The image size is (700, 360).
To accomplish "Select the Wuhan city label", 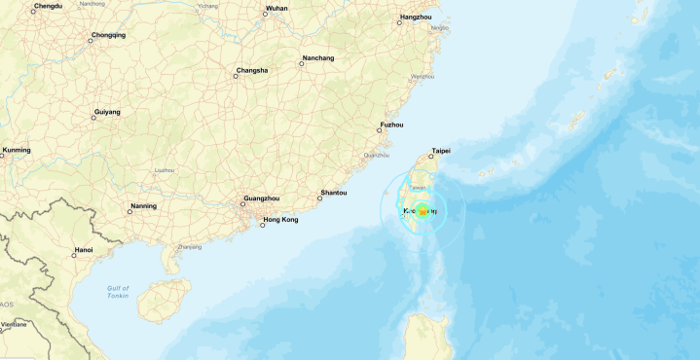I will click(x=276, y=8).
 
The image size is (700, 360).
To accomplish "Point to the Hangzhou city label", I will click(x=415, y=18).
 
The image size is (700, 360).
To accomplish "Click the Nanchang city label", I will click(x=317, y=58).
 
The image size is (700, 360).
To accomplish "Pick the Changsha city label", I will click(x=251, y=71).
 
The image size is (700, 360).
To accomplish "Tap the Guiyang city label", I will click(x=107, y=112).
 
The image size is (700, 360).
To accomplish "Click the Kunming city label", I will click(x=17, y=150).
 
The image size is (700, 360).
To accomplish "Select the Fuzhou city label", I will click(x=392, y=125).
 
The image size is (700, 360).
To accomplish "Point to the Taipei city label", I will click(x=441, y=151).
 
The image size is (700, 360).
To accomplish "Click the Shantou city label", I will click(x=333, y=193).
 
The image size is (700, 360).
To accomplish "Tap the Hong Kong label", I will click(x=280, y=220).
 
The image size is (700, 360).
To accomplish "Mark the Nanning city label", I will click(x=143, y=206).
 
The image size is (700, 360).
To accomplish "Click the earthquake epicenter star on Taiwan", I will click(x=423, y=211).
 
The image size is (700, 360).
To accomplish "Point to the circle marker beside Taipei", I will click(x=431, y=156).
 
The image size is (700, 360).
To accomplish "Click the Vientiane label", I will click(x=14, y=323).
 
